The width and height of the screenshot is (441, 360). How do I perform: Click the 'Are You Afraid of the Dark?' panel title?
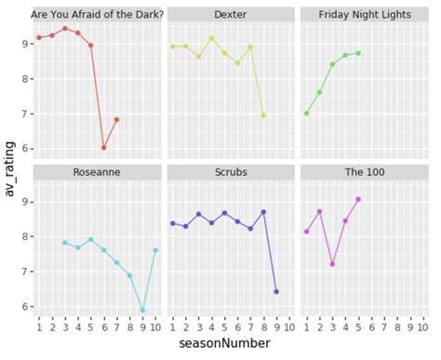coord(98,15)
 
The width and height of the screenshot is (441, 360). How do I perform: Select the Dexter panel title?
coord(230,15)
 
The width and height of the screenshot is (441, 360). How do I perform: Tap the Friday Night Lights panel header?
coord(363,15)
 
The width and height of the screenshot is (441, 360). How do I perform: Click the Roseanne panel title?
coord(98,172)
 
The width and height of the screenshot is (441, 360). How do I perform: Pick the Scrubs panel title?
coord(230,172)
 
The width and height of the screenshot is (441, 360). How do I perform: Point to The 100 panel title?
coord(363,172)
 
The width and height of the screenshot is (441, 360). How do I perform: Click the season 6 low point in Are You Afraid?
coord(103,147)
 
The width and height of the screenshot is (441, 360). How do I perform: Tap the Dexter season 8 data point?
coord(263,115)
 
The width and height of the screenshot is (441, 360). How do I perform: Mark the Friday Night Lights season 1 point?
coord(306,113)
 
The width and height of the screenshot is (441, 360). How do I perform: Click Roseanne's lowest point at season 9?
coord(142,310)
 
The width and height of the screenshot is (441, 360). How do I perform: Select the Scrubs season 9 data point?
coord(276,291)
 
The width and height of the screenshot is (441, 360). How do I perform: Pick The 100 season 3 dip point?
coord(332,264)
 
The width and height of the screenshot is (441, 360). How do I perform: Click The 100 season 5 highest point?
coord(358,199)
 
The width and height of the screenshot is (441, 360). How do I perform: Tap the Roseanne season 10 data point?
coord(155,250)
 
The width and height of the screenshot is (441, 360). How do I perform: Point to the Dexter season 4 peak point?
coord(211,38)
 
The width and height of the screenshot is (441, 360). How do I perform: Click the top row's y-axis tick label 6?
coord(22,149)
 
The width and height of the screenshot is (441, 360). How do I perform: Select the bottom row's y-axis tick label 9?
coord(22,202)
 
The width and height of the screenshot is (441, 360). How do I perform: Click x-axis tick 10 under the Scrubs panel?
coord(288,327)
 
